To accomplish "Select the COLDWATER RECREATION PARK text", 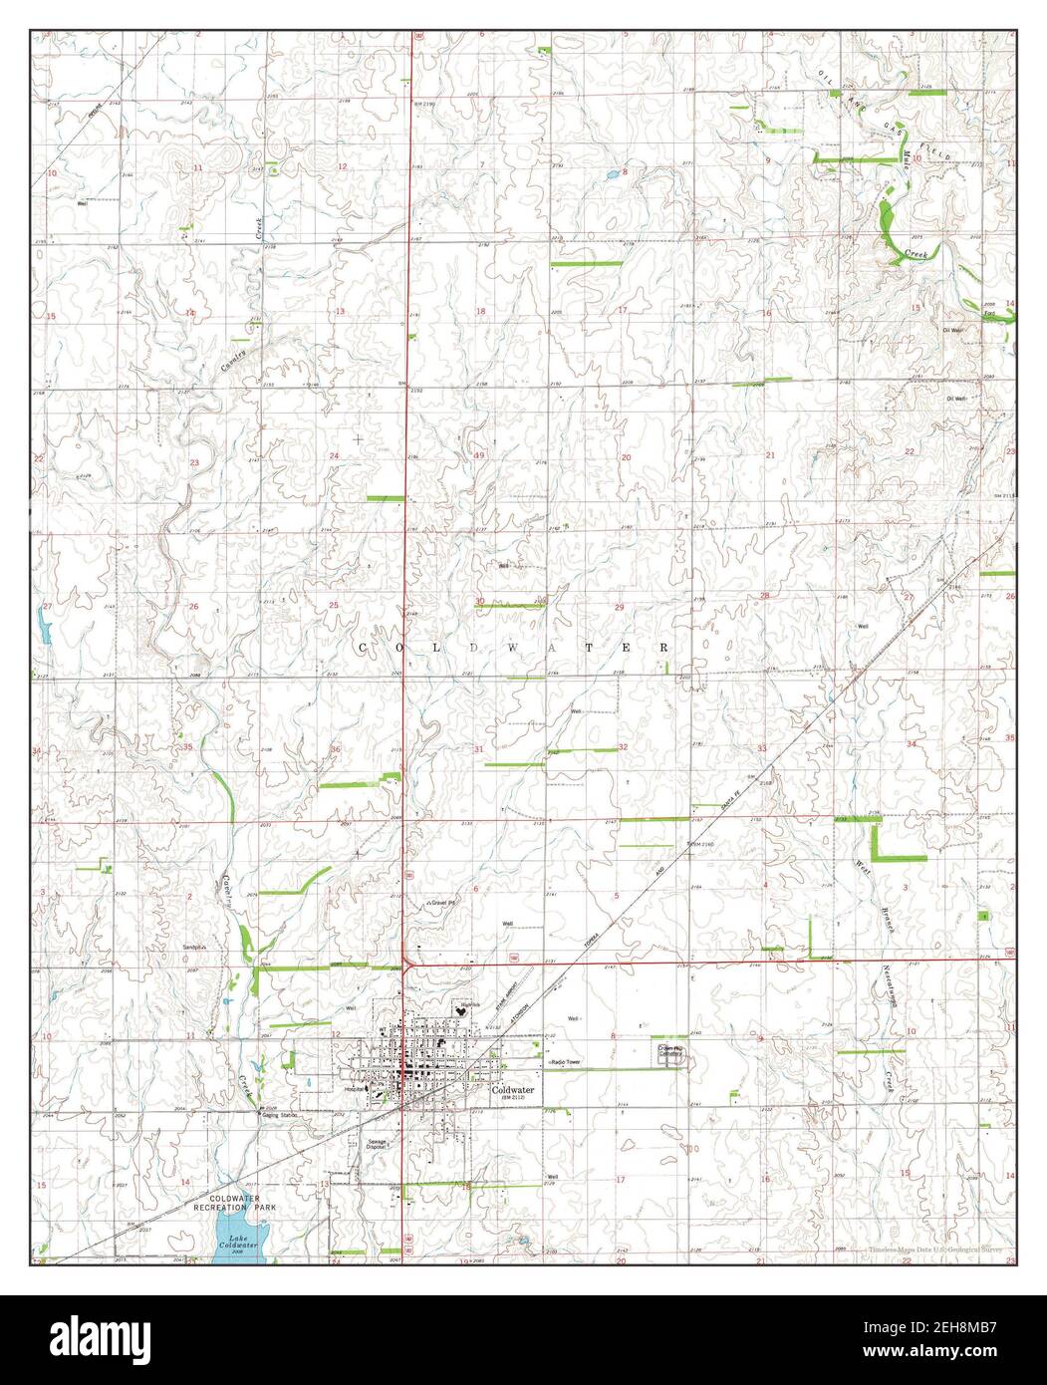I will coord(237,1202).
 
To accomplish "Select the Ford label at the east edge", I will coord(990,315).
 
